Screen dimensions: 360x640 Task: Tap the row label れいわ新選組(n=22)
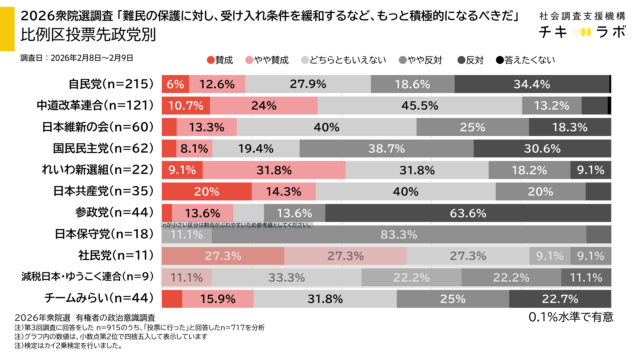tap(89, 169)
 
